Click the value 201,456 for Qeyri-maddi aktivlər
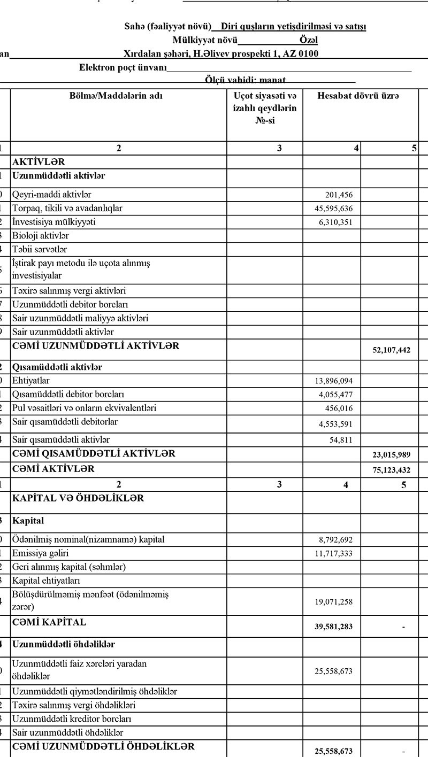(x=339, y=195)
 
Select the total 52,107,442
(x=391, y=350)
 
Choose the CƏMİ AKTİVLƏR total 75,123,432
(x=391, y=470)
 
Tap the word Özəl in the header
(x=309, y=40)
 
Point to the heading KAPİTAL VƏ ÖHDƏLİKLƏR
(x=78, y=498)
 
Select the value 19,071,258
(x=333, y=602)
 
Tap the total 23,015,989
(x=391, y=455)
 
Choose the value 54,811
(x=341, y=440)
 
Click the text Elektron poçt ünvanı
(x=123, y=68)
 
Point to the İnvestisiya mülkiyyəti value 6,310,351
(x=335, y=222)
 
